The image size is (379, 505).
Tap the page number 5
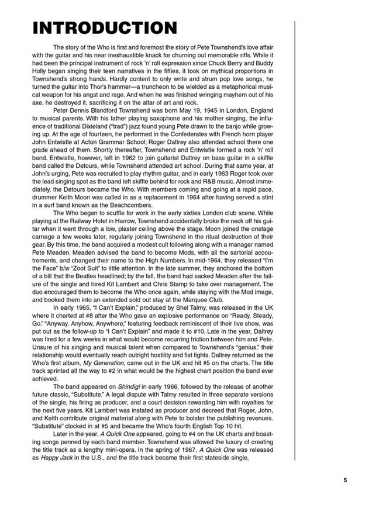(345, 464)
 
